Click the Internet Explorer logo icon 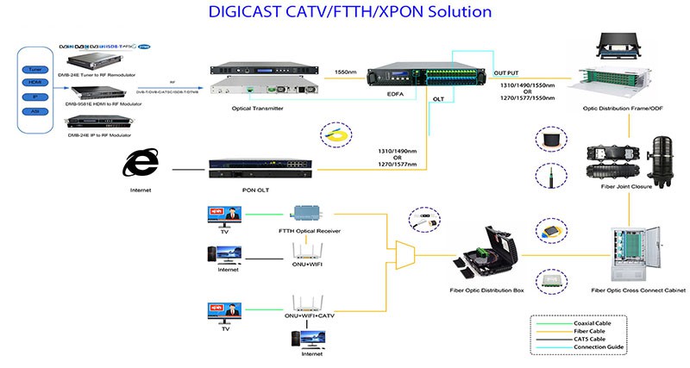[x=139, y=165]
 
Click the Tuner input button [x=35, y=69]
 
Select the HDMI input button [x=35, y=83]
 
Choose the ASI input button [x=35, y=110]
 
